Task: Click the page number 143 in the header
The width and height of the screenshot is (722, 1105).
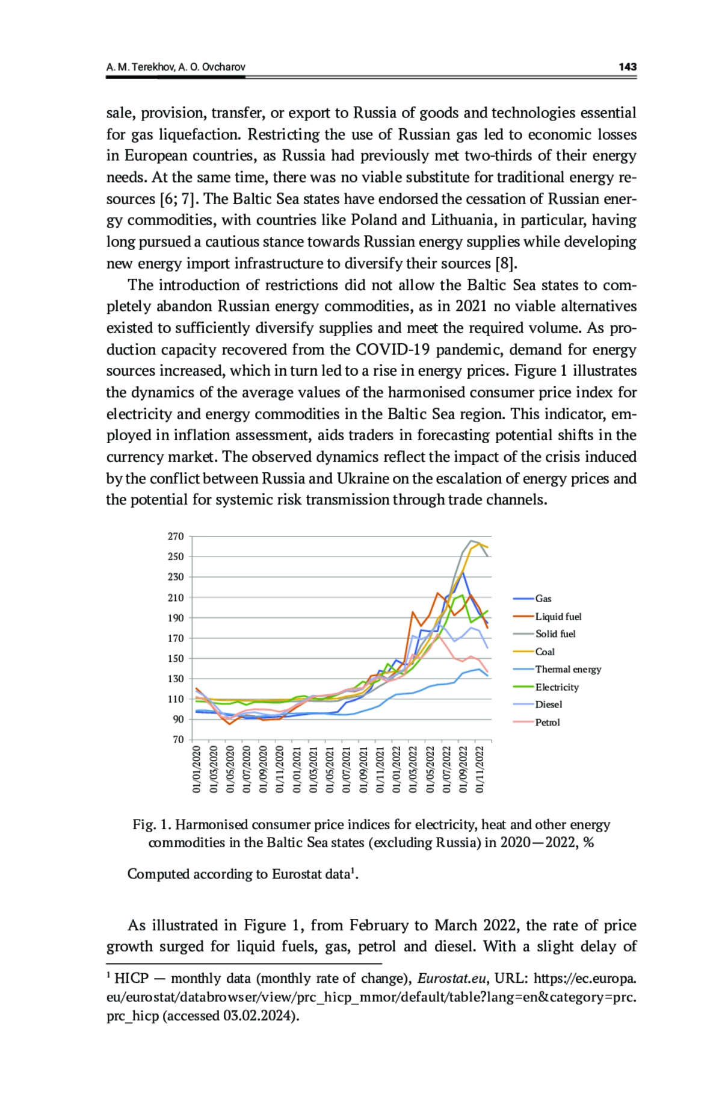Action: click(x=627, y=67)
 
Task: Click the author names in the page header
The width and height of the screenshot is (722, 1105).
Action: click(x=176, y=67)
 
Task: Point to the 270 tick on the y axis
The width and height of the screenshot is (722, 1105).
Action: click(x=176, y=537)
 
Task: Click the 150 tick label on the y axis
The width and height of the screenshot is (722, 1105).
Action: click(x=176, y=659)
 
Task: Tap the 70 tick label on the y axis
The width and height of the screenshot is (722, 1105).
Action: click(x=178, y=739)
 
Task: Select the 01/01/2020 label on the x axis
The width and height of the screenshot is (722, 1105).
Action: click(x=197, y=768)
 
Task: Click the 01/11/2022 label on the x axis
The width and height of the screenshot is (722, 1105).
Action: click(x=480, y=768)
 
